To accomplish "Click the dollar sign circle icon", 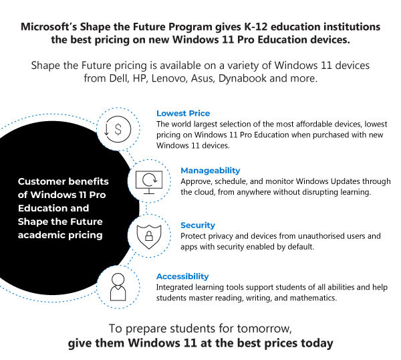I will [118, 129].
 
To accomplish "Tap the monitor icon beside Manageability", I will [149, 181].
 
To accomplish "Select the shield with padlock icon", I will [149, 236].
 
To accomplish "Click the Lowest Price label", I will [183, 113].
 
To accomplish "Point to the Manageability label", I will [210, 171].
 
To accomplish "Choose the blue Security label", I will [198, 226].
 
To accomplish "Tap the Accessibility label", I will [182, 276].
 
